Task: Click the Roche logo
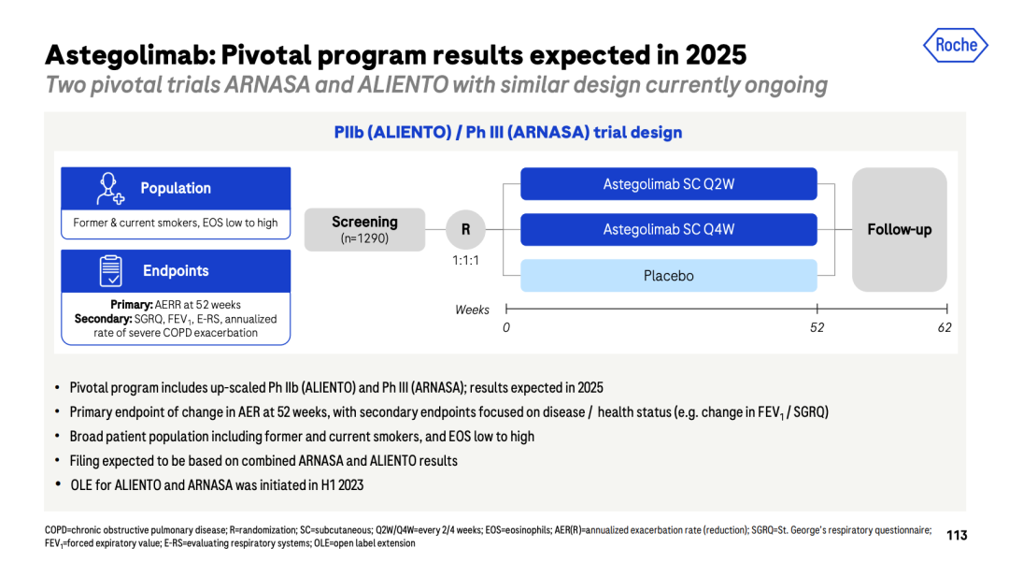coord(956,45)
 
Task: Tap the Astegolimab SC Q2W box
coord(669,184)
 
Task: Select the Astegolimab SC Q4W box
coord(669,230)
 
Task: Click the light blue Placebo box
coord(669,276)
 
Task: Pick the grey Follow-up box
coord(899,230)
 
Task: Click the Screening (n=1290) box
coord(364,230)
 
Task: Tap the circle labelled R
coord(465,230)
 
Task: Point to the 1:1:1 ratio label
coord(465,261)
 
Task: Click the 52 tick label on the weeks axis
coord(817,327)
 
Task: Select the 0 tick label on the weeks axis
coord(506,327)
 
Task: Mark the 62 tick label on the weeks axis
coord(944,327)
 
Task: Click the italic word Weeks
coord(473,310)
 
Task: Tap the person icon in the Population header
coord(110,189)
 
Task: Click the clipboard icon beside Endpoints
coord(110,270)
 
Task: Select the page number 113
coord(957,535)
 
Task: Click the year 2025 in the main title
coord(716,55)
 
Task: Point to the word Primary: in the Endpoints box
coord(132,305)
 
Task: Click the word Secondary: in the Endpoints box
coord(104,319)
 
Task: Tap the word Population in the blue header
coord(176,188)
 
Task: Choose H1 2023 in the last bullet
coord(342,484)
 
